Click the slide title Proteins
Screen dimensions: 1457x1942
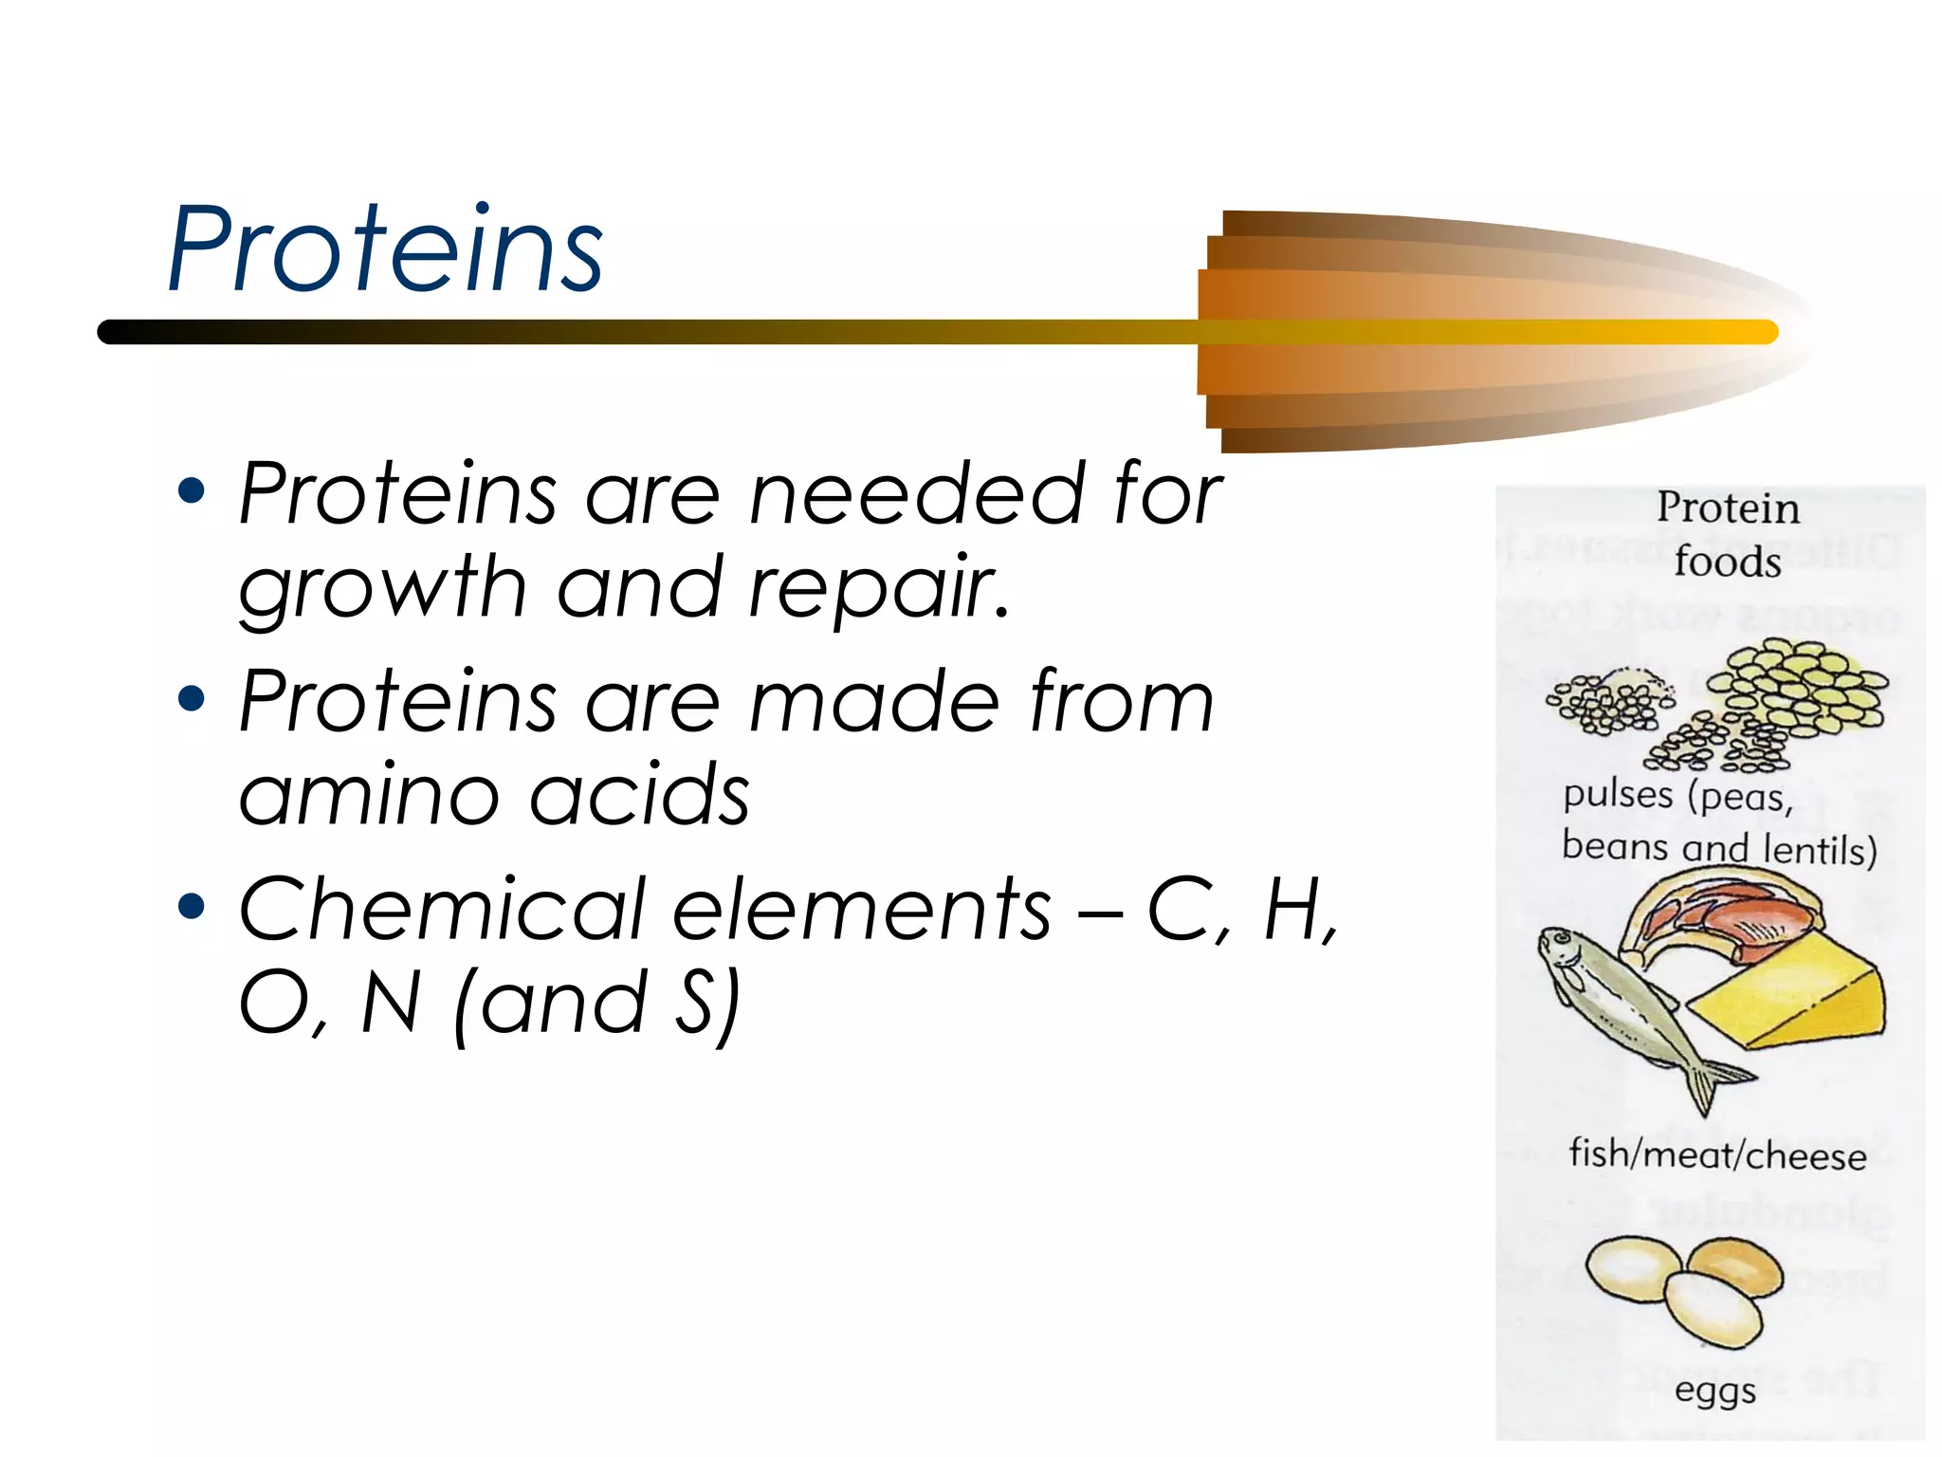click(384, 249)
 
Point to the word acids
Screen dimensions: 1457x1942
click(639, 795)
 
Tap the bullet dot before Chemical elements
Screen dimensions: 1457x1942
click(192, 906)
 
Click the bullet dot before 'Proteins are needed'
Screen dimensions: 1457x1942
click(192, 490)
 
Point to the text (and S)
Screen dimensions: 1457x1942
click(597, 1004)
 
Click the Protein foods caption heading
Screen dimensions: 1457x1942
click(1728, 534)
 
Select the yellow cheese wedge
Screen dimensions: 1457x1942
click(1787, 996)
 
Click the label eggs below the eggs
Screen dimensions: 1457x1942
click(1715, 1392)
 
